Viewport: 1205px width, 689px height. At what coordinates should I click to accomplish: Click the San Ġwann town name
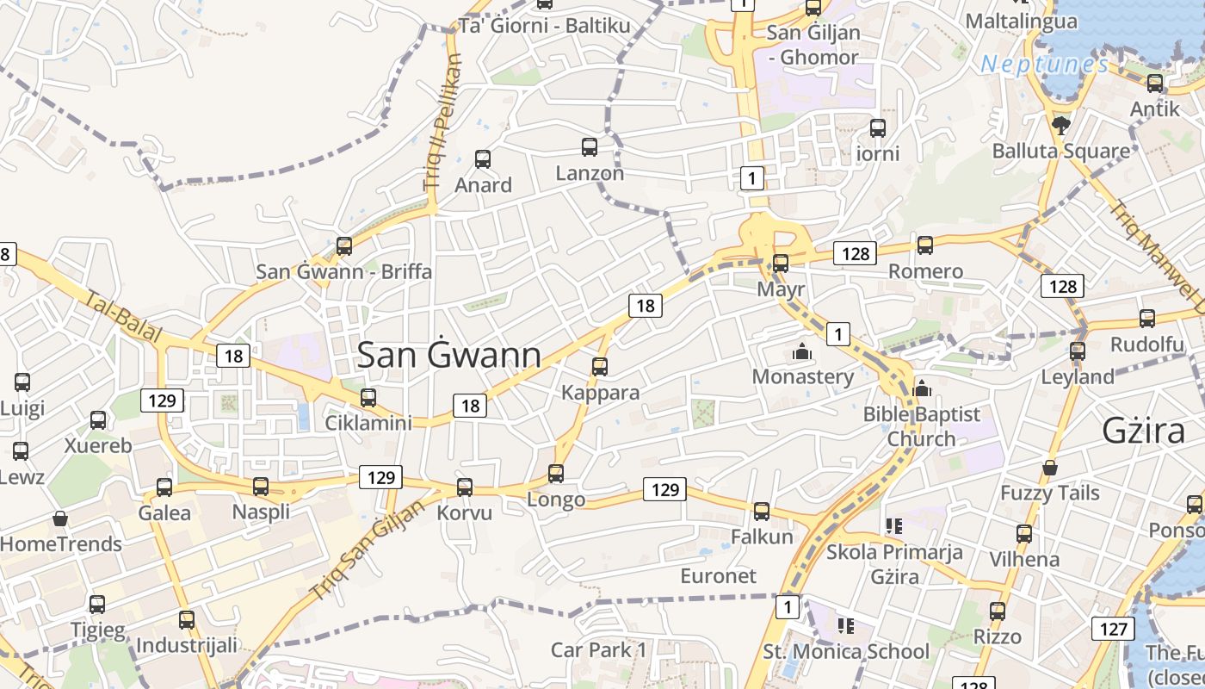(448, 355)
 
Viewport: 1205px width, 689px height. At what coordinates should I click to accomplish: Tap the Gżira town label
(1144, 431)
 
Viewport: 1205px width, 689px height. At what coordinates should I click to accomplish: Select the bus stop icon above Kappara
(600, 367)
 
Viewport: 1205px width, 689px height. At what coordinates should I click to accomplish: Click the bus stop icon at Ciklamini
(368, 397)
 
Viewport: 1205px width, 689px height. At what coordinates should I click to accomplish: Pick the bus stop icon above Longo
(556, 473)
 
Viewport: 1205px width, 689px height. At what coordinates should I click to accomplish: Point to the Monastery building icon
(802, 352)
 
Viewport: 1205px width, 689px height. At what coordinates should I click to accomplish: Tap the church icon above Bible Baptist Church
(922, 388)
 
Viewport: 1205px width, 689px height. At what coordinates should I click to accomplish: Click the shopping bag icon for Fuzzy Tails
(1049, 468)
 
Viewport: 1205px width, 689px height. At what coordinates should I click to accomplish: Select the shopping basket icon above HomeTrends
(60, 518)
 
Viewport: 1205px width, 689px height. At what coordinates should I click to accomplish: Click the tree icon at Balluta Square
(1060, 126)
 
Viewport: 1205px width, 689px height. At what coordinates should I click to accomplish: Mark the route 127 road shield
(1113, 629)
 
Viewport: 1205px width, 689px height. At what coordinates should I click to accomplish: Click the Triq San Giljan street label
(368, 550)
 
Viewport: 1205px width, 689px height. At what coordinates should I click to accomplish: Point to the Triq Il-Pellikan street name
(443, 122)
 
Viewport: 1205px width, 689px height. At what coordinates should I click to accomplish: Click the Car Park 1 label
(598, 649)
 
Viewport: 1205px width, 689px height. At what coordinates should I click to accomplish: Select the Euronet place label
(718, 575)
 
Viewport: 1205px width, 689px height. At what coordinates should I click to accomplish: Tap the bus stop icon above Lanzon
(590, 147)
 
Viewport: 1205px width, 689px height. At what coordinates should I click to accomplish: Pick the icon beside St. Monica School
(846, 626)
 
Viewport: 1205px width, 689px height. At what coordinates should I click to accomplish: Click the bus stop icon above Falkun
(762, 512)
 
